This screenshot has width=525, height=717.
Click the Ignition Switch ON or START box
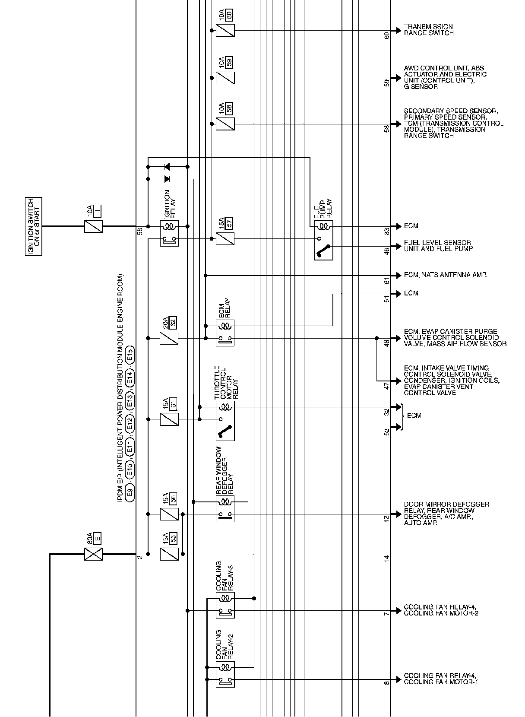(x=33, y=226)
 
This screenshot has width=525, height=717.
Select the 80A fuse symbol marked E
(x=94, y=554)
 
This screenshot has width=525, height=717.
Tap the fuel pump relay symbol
(x=324, y=240)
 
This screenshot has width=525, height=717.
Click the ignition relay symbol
(x=169, y=233)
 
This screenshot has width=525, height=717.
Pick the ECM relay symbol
(x=225, y=332)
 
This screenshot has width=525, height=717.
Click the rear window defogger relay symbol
(x=225, y=508)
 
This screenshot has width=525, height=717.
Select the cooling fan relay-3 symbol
(x=225, y=605)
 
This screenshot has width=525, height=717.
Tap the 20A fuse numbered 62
(x=169, y=338)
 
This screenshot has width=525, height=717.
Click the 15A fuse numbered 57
(x=225, y=238)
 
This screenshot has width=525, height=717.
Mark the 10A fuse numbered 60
(x=225, y=31)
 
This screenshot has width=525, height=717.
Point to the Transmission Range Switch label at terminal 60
(x=429, y=30)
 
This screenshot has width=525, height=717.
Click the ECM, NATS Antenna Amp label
(x=445, y=275)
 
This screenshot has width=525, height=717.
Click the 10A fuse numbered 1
(x=94, y=226)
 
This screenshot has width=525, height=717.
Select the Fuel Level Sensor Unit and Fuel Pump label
(x=438, y=246)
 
